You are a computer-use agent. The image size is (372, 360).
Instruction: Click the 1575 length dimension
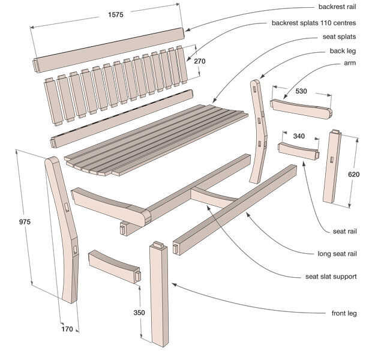click(116, 15)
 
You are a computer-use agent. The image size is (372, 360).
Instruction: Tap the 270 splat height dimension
click(200, 61)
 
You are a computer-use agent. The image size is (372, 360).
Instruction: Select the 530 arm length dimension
click(301, 91)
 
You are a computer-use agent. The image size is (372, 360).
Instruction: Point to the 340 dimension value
click(299, 136)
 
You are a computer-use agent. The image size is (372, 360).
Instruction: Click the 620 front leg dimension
click(354, 175)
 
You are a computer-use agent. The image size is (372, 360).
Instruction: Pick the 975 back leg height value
click(25, 222)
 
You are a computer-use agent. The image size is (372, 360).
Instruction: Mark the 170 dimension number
click(67, 329)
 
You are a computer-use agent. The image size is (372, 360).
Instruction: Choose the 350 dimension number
click(139, 313)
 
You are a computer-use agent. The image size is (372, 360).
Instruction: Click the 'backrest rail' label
click(337, 7)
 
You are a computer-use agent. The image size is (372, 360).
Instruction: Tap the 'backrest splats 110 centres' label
click(314, 23)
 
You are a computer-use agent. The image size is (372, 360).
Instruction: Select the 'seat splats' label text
click(339, 37)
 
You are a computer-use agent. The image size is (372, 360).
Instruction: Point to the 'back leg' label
click(343, 51)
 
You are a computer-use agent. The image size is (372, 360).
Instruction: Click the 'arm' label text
click(350, 63)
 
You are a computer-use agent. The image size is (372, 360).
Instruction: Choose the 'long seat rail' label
click(337, 254)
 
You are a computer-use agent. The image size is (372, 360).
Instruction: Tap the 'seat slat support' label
click(331, 277)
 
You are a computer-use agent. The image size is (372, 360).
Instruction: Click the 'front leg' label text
click(344, 313)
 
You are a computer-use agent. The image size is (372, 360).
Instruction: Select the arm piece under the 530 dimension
click(301, 109)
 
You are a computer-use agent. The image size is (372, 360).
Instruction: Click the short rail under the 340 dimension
click(298, 151)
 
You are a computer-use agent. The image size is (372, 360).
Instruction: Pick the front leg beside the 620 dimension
click(332, 167)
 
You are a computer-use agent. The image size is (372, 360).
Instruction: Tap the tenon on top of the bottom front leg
click(159, 245)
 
